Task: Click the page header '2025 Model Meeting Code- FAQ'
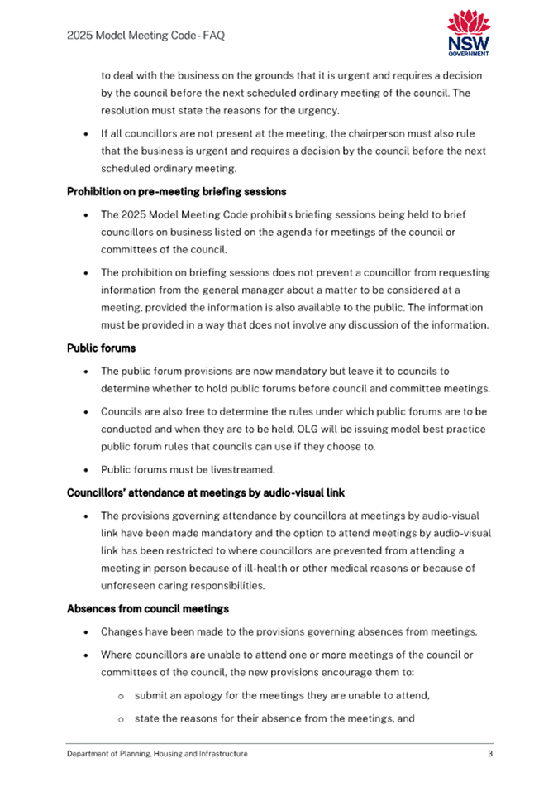pos(145,36)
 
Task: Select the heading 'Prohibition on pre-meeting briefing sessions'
pos(176,192)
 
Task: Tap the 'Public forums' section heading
pos(101,348)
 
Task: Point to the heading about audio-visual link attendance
pos(205,493)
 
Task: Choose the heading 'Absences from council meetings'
pos(147,610)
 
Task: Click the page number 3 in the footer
pos(490,754)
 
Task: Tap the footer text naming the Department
pos(157,754)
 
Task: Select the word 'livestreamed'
pos(241,470)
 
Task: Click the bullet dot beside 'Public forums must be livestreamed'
pos(87,470)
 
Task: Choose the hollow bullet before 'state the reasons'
pos(121,718)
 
